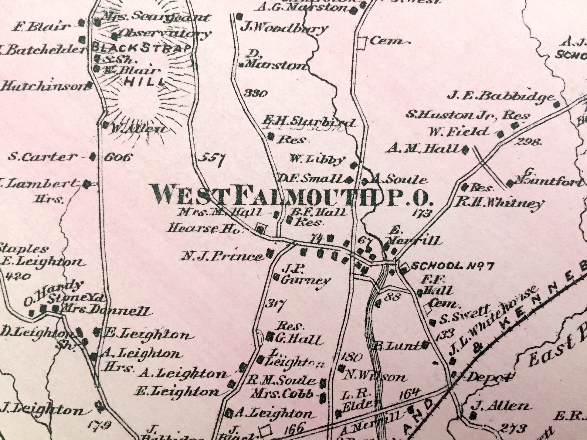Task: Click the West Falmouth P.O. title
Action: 291,195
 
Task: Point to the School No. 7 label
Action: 452,266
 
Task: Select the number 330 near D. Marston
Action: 256,93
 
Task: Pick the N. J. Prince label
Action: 221,256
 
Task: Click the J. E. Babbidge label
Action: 501,96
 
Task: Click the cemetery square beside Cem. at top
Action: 362,42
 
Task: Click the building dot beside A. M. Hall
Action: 466,150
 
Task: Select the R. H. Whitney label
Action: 500,202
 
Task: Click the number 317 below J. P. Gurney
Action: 276,305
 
